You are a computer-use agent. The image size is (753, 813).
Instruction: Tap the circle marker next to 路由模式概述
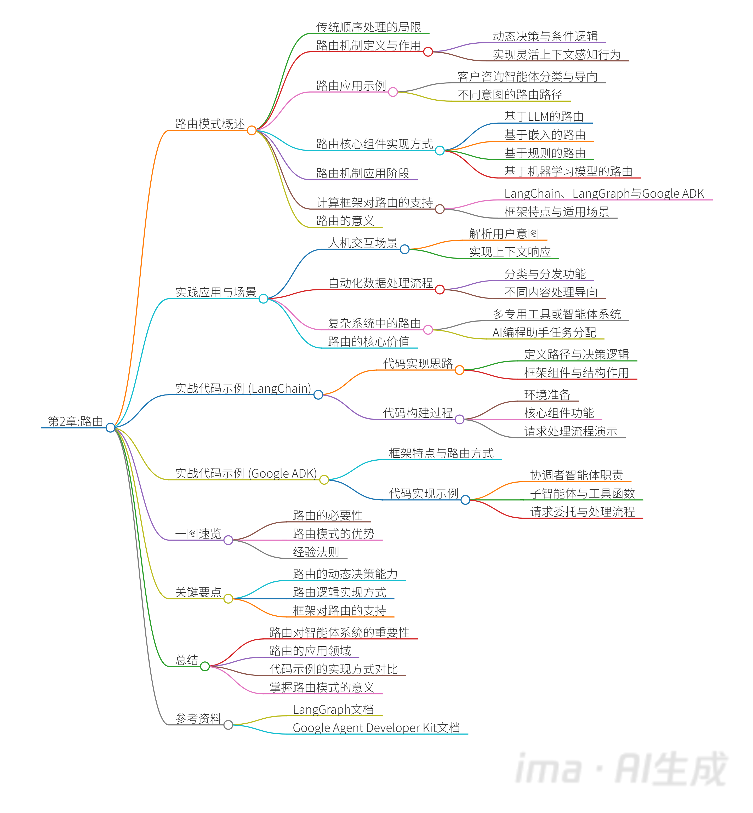pyautogui.click(x=252, y=130)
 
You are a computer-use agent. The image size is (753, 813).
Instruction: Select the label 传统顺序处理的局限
pyautogui.click(x=368, y=27)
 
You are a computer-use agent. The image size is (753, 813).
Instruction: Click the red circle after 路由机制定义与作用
pyautogui.click(x=428, y=52)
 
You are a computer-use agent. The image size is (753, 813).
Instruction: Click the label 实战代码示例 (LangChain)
pyautogui.click(x=243, y=388)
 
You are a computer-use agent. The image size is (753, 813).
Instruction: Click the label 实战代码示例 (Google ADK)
pyautogui.click(x=246, y=473)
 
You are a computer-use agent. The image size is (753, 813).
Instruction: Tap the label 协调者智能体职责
pyautogui.click(x=576, y=475)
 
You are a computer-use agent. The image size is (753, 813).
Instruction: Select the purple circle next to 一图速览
pyautogui.click(x=228, y=540)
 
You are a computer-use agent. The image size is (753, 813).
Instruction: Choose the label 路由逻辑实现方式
pyautogui.click(x=339, y=592)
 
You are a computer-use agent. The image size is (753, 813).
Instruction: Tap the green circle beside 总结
pyautogui.click(x=205, y=666)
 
